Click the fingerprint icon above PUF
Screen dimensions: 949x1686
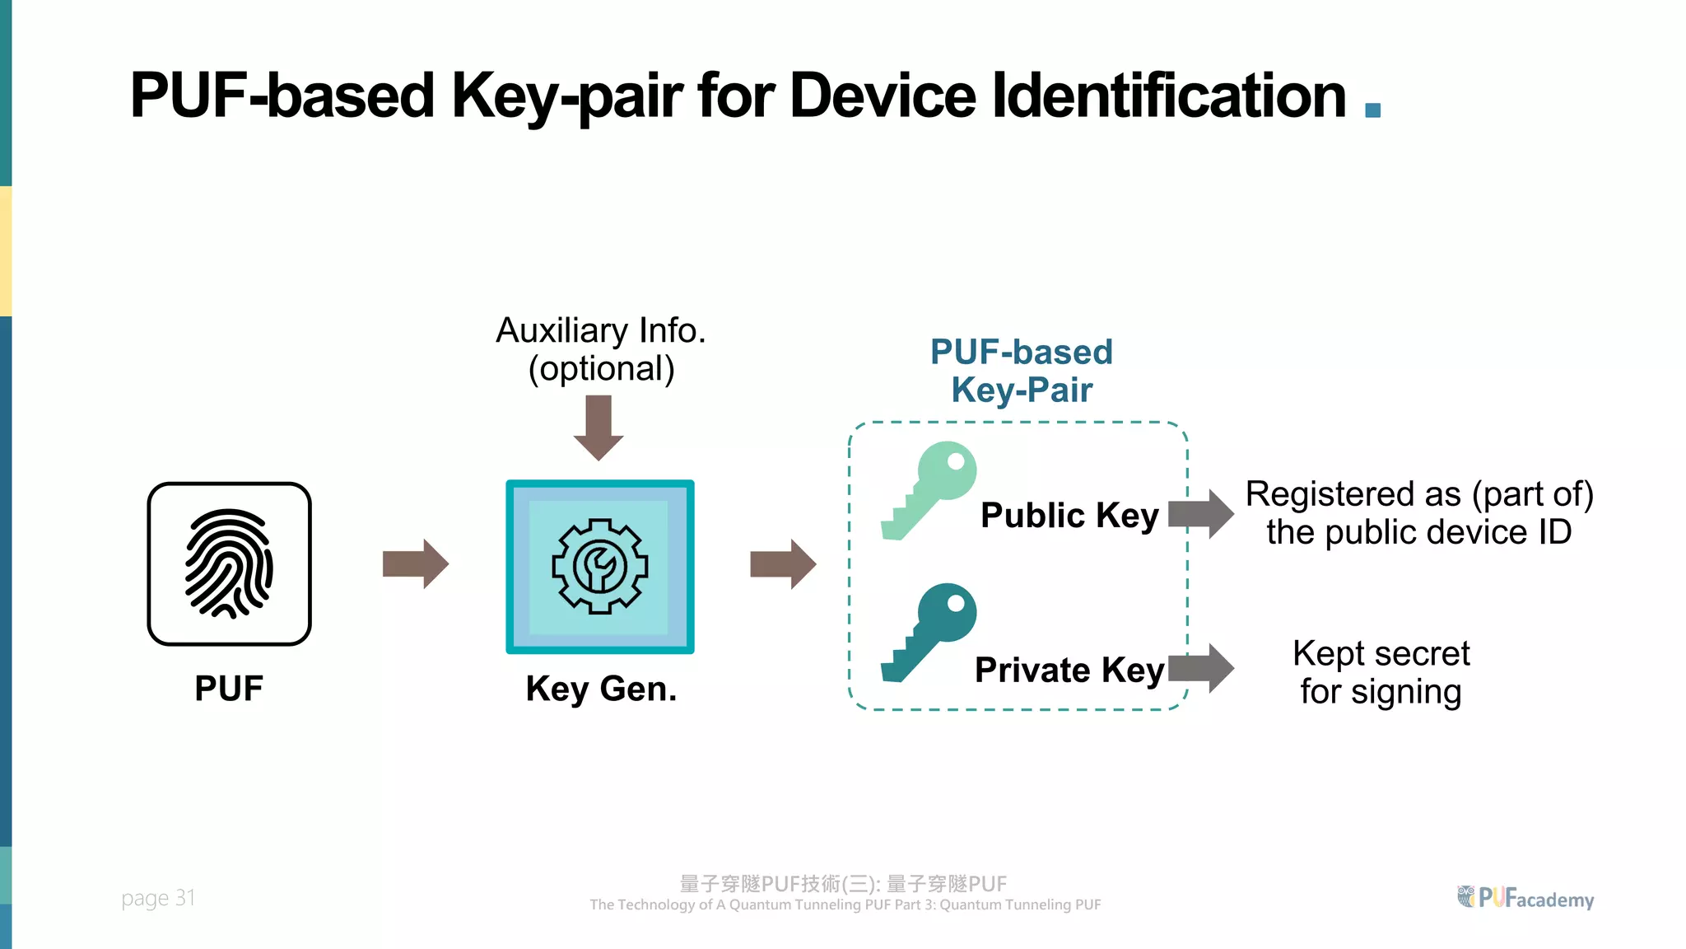click(229, 563)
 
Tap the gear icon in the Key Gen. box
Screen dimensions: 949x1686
click(599, 567)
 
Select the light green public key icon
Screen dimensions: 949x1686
click(929, 490)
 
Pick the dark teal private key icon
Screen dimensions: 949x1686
click(929, 632)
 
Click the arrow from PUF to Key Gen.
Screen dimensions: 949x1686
click(416, 564)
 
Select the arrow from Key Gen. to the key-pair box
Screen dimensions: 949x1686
click(783, 564)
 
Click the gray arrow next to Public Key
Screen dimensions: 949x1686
click(1201, 514)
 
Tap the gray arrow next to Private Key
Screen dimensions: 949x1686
click(1201, 668)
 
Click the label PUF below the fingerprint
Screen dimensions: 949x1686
click(229, 689)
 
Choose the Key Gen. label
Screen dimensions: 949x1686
click(601, 689)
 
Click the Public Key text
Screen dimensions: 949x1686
click(1069, 516)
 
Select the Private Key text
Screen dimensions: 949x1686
click(1069, 670)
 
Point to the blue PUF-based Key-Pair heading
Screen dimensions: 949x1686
click(1022, 371)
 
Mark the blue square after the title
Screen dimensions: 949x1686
click(1372, 110)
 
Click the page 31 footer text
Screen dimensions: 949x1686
click(158, 898)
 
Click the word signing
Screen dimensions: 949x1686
click(1406, 692)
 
